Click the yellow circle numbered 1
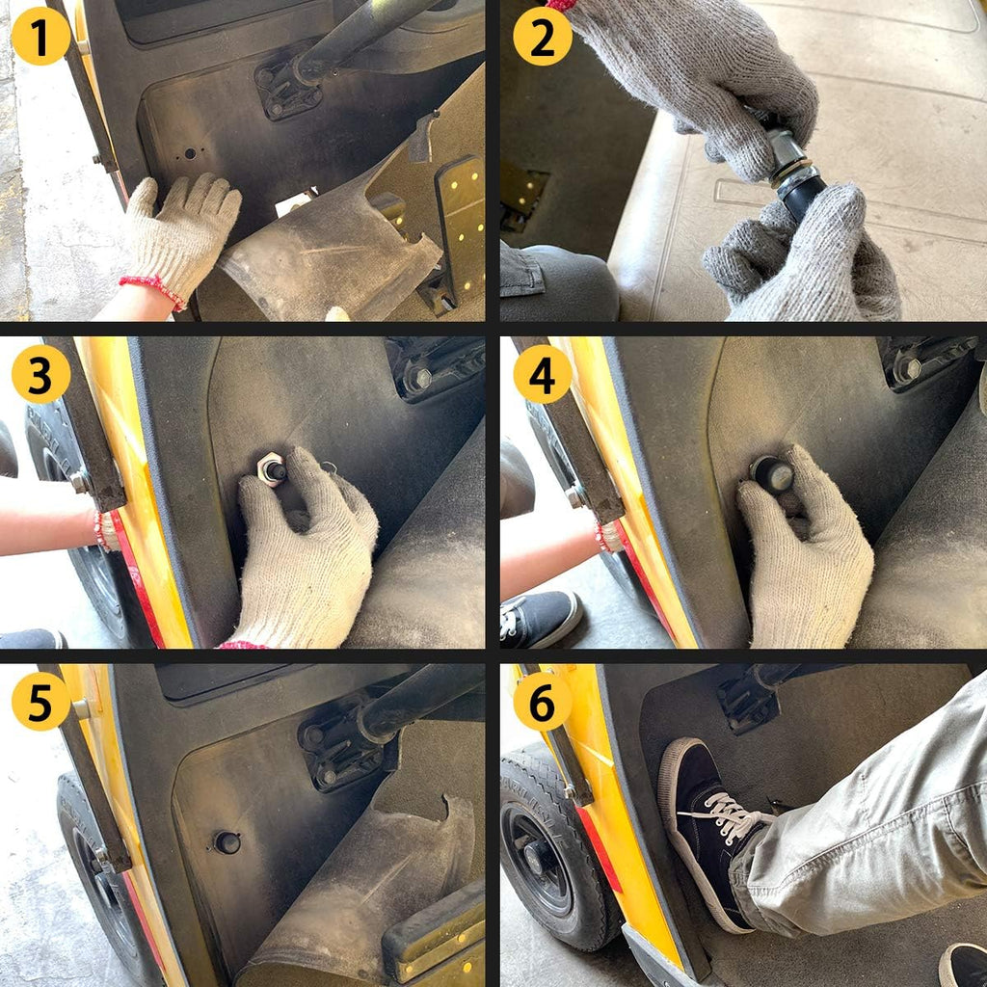(40, 37)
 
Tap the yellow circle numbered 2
(543, 37)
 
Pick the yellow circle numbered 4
(543, 374)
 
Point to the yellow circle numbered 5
(40, 702)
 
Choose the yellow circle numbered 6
(543, 702)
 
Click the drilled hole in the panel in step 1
(190, 153)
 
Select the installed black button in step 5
(227, 842)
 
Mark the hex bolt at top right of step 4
(905, 369)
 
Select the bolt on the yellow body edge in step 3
(81, 482)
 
